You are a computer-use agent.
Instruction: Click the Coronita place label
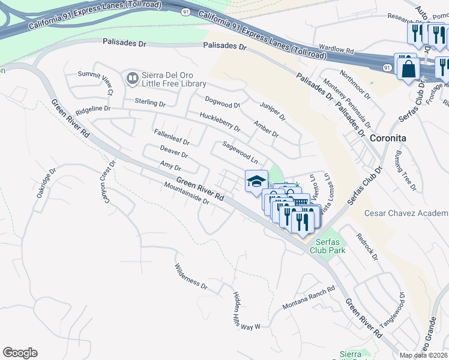pyautogui.click(x=388, y=138)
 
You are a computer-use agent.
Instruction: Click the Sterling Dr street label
pyautogui.click(x=149, y=103)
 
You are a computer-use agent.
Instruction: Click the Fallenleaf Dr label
pyautogui.click(x=171, y=138)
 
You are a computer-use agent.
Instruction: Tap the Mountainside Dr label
pyautogui.click(x=186, y=193)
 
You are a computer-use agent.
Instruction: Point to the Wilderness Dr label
pyautogui.click(x=191, y=277)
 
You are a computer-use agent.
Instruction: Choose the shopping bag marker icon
pyautogui.click(x=408, y=68)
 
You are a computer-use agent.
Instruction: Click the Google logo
pyautogui.click(x=20, y=353)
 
